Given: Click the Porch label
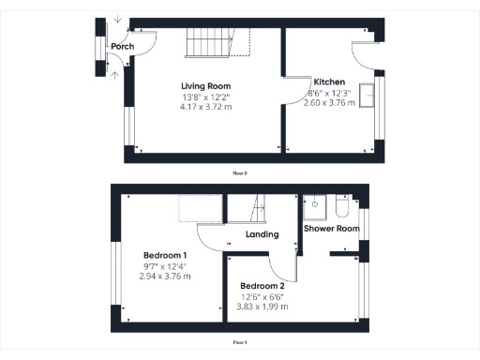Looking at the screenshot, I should (x=121, y=47).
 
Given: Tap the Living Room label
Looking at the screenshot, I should (x=205, y=86).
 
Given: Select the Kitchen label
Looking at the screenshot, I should (x=330, y=82).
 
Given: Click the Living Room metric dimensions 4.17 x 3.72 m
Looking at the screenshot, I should (x=205, y=107).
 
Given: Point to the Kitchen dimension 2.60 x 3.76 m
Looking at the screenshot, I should (x=330, y=102).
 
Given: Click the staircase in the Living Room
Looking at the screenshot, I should (x=210, y=42).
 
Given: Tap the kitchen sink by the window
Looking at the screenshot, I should (x=366, y=98).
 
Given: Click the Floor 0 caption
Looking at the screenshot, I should (x=240, y=172).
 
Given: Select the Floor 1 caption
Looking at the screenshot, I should (x=240, y=342).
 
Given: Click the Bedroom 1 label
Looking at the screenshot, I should (x=165, y=256).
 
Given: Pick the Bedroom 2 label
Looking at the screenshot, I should (x=262, y=286).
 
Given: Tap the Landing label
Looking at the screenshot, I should (x=262, y=235).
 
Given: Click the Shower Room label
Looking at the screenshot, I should (x=332, y=229).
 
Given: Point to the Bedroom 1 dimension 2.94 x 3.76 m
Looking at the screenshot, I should (x=165, y=277).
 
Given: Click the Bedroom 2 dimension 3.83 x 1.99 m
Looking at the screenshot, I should (x=262, y=307).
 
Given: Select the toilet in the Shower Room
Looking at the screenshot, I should (x=341, y=202).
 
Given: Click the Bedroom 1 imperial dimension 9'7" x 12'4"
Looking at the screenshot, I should (x=165, y=266).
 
